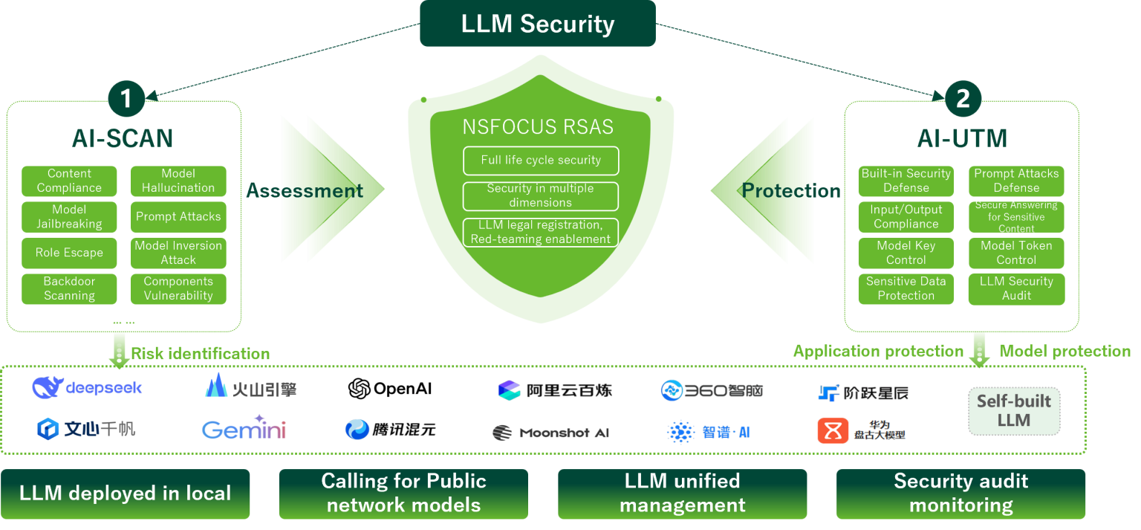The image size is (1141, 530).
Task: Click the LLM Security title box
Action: tap(537, 24)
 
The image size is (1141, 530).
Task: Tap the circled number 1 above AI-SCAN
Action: tap(126, 99)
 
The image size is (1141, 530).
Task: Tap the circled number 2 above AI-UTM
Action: tap(963, 99)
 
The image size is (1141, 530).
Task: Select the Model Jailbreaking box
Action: tap(69, 217)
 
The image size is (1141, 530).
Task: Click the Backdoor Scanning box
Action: tap(69, 288)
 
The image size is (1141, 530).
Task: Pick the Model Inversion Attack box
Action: tap(178, 253)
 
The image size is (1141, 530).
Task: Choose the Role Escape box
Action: tap(69, 253)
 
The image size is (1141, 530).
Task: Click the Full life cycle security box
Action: tap(540, 161)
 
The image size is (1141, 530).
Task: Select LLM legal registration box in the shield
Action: tap(540, 232)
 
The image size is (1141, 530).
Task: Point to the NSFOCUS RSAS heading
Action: tap(538, 127)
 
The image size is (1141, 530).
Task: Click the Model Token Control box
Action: tap(1015, 253)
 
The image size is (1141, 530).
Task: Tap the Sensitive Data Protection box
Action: tap(906, 288)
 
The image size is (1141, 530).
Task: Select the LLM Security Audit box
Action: tap(1015, 288)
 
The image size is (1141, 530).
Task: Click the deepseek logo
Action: tap(87, 387)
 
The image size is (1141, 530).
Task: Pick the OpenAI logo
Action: tap(390, 389)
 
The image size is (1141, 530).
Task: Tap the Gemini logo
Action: tap(244, 429)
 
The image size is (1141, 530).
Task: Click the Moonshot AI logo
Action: tap(550, 433)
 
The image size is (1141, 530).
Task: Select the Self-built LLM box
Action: tap(1013, 411)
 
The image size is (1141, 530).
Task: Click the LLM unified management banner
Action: tap(682, 494)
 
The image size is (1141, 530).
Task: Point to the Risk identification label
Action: tap(200, 354)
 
